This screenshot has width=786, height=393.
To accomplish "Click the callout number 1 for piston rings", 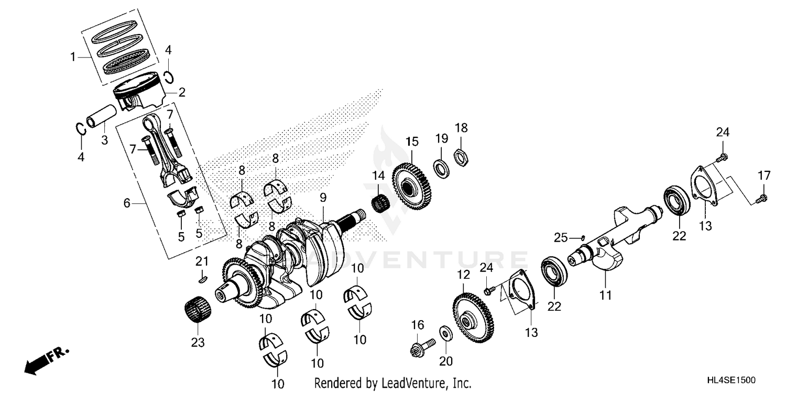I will [x=73, y=57].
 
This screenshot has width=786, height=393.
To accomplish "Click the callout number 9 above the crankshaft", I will [x=323, y=198].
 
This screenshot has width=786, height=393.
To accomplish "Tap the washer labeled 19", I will [x=441, y=168].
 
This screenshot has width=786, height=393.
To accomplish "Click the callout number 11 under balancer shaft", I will [x=606, y=296].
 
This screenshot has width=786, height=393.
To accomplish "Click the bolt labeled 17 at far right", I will [x=763, y=197].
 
